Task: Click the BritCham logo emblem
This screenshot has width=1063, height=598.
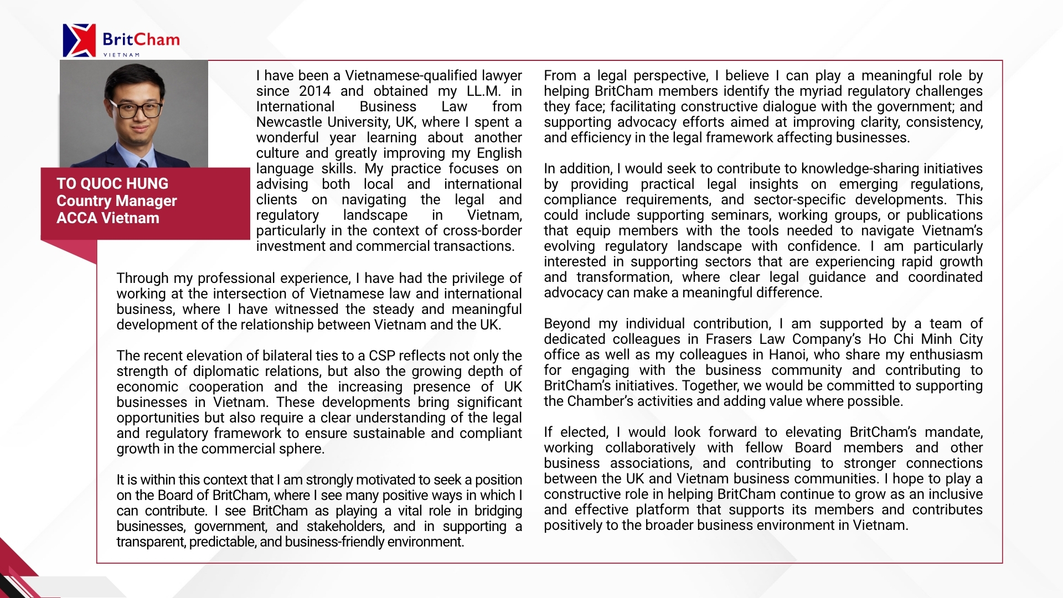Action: (x=79, y=40)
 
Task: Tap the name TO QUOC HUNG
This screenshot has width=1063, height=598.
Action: (x=112, y=184)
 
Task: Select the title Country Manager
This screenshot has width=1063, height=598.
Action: (x=116, y=201)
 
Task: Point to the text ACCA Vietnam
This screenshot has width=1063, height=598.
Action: (x=108, y=218)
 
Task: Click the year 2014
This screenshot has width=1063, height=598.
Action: (x=314, y=91)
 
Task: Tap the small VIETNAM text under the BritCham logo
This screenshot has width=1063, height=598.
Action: (x=121, y=55)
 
